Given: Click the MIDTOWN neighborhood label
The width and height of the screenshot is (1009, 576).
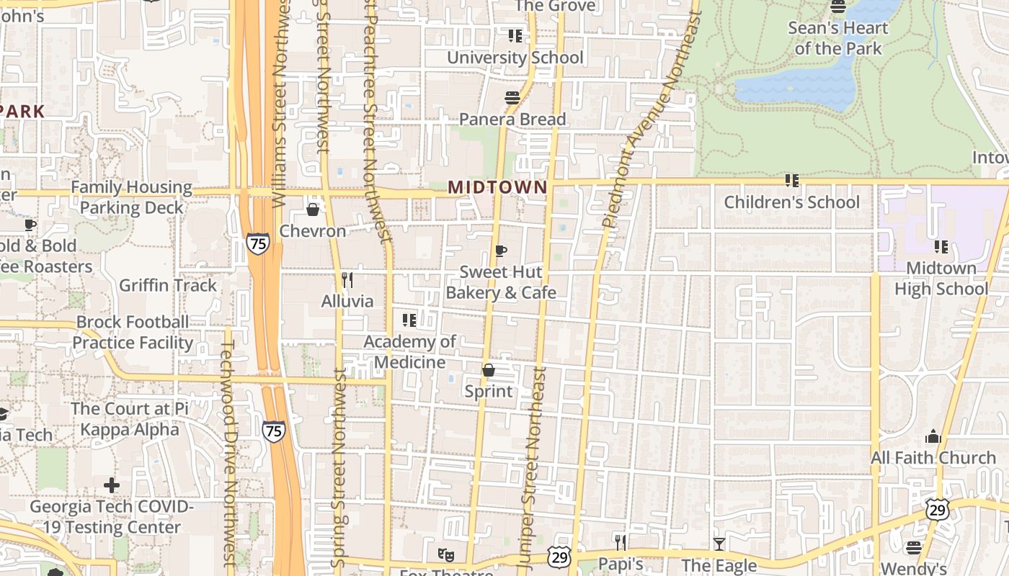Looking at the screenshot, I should click(x=497, y=187).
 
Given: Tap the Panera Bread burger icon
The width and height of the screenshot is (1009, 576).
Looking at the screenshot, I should click(x=512, y=98).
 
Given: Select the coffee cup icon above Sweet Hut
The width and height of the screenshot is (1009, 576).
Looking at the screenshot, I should click(x=501, y=251).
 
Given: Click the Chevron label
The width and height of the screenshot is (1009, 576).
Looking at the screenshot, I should click(x=313, y=231).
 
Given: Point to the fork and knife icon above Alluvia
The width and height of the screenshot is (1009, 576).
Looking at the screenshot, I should click(x=347, y=279).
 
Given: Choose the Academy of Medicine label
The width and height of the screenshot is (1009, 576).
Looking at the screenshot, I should click(x=409, y=351).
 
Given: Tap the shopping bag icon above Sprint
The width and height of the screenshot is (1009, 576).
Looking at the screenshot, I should click(x=489, y=370).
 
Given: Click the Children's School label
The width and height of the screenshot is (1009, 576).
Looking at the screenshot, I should click(x=791, y=202).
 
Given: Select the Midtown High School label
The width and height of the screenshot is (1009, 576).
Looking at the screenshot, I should click(x=941, y=279).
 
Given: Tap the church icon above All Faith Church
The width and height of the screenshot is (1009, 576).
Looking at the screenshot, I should click(x=933, y=436).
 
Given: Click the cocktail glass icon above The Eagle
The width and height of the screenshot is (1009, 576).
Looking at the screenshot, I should click(x=719, y=544).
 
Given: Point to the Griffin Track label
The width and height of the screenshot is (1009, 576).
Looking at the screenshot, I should click(x=168, y=285).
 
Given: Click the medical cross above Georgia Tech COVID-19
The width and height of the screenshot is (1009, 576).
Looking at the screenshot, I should click(x=112, y=485).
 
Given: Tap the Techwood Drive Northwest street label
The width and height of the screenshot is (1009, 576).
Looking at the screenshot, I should click(x=228, y=454).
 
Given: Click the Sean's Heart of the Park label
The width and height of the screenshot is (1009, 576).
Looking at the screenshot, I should click(x=837, y=38).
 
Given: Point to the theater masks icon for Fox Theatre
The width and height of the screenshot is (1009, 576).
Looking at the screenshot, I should click(x=445, y=554).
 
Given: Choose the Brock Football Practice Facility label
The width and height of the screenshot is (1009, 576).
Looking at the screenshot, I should click(x=133, y=332).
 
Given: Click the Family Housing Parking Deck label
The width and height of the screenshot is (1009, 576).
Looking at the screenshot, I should click(x=131, y=197).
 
